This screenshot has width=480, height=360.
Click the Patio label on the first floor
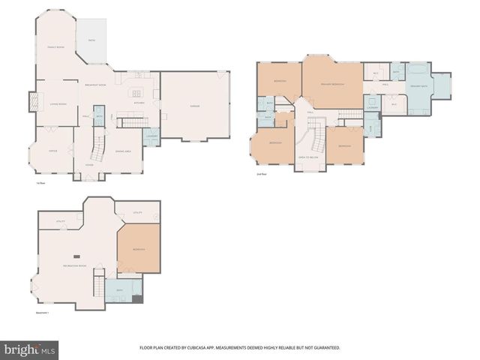[91, 40]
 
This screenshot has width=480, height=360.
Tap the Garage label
[194, 105]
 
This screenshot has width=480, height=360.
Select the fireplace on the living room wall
[32, 100]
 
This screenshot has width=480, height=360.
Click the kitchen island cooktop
[136, 94]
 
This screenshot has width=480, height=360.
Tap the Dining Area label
[123, 151]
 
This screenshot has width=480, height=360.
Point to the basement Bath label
[119, 290]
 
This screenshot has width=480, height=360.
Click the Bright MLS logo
[30, 349]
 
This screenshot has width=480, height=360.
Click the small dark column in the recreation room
[74, 254]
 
